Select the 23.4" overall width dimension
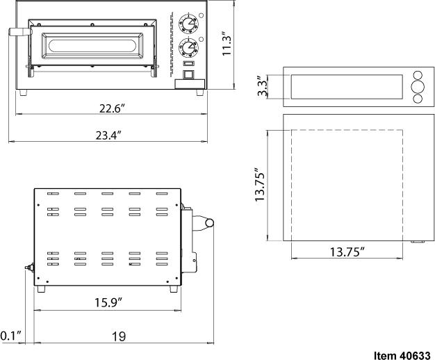(111, 136)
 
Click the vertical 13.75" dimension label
(260, 184)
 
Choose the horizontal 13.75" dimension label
(348, 252)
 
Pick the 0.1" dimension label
(10, 336)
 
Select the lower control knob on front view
(187, 48)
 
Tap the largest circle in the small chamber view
(418, 87)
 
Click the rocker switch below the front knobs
(187, 72)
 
